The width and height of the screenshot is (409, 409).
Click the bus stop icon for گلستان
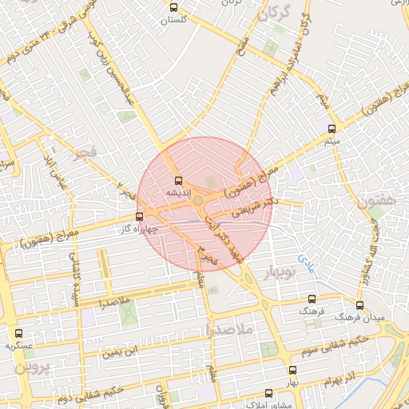[x=174, y=8]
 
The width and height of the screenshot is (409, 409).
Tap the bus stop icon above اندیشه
[x=177, y=180]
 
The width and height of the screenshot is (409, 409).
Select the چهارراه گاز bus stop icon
[x=140, y=216]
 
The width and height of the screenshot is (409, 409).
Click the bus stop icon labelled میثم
[x=332, y=129]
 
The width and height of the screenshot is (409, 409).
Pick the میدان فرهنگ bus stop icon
[x=359, y=304]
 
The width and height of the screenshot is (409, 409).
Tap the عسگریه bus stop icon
[x=18, y=333]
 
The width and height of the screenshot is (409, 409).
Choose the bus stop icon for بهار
[x=292, y=370]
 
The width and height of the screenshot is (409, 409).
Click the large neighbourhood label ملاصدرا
[x=228, y=329]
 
